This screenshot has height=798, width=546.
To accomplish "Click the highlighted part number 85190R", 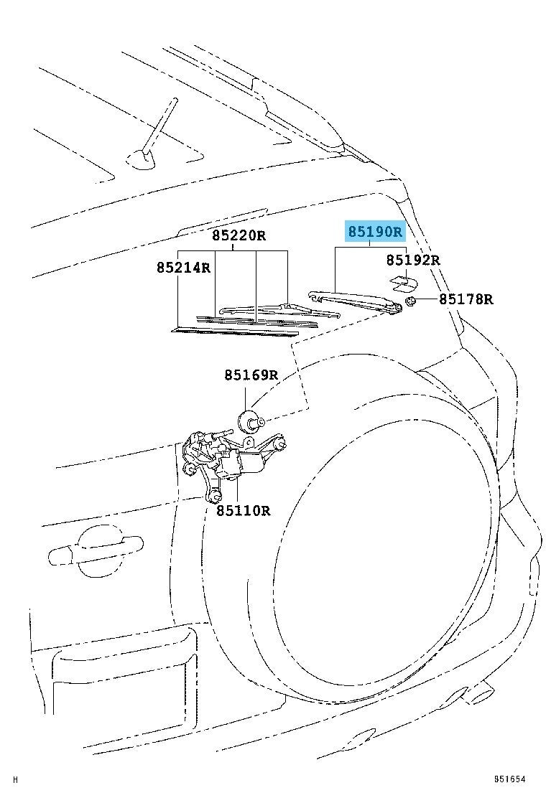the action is pos(375,232).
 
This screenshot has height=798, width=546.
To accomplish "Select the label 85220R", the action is pos(239,235).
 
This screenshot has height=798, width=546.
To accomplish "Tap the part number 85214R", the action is pos(183,267).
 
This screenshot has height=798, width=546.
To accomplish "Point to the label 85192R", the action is pos(412,260).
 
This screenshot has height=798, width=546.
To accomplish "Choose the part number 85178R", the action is pos(466,299).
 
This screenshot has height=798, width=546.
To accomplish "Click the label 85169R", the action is pos(251,375).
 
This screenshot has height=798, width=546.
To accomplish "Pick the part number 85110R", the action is pos(243,510).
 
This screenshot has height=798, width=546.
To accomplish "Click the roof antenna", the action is pos(153,136).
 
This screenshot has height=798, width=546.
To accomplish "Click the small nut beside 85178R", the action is pos(411,302).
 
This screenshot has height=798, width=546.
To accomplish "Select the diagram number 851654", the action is pos(509,779).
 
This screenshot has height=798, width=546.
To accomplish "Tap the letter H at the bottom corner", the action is pos(15,779).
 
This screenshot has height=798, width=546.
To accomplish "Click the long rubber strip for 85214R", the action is pos(234,332).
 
